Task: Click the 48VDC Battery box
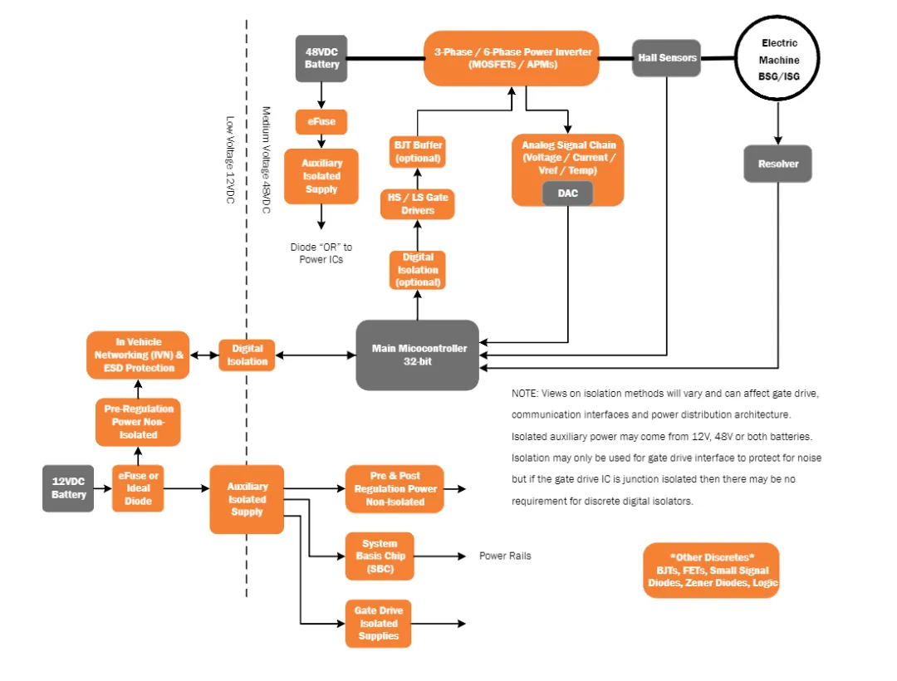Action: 321,57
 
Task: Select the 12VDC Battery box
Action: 68,488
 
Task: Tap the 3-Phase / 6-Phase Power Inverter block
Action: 512,58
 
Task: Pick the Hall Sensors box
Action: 666,58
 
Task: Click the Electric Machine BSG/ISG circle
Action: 778,60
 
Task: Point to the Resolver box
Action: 777,164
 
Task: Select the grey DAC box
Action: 567,194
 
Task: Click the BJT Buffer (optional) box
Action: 418,152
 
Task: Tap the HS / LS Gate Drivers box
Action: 418,204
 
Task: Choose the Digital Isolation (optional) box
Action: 417,270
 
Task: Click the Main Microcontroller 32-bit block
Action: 418,355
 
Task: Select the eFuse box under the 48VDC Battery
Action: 321,122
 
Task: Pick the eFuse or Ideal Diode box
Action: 138,488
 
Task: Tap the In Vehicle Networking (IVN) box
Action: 138,355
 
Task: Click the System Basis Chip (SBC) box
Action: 380,556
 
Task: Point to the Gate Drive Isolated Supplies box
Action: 379,624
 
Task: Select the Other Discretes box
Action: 711,571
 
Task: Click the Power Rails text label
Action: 505,556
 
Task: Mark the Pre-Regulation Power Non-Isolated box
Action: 138,422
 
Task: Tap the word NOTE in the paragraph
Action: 527,393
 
